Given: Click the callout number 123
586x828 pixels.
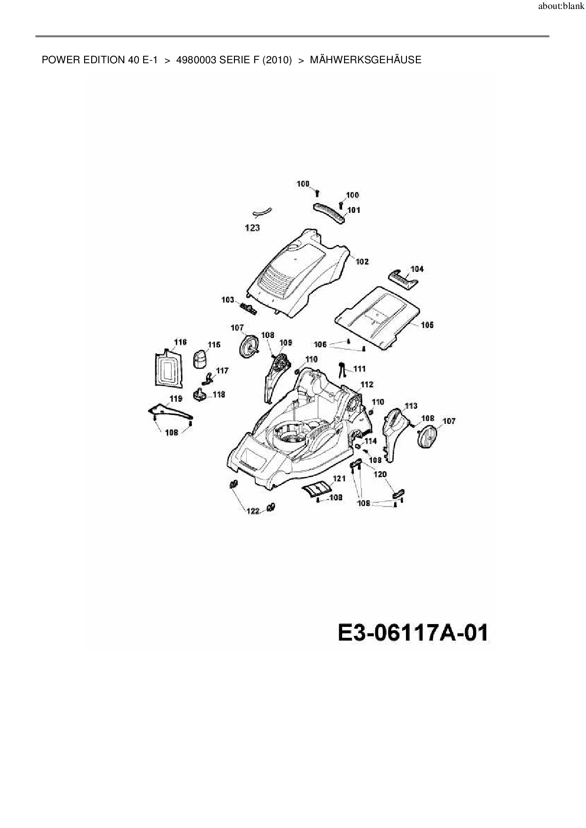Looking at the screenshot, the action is click(x=252, y=228).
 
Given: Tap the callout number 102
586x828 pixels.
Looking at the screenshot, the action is click(x=362, y=262).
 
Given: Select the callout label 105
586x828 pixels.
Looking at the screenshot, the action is click(x=427, y=325).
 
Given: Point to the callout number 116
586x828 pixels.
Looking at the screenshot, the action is click(x=181, y=342).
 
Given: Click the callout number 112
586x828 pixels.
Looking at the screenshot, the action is click(x=367, y=385).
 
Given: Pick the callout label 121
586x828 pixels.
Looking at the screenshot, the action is click(x=339, y=479).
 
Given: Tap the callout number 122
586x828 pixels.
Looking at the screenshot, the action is click(x=254, y=511).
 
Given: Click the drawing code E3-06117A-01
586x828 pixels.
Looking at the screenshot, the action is click(x=413, y=633).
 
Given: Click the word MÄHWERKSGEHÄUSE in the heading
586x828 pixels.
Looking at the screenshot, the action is click(x=365, y=60).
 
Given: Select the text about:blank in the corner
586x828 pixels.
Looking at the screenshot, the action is click(x=561, y=7).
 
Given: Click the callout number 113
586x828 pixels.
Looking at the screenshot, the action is click(x=411, y=406).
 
